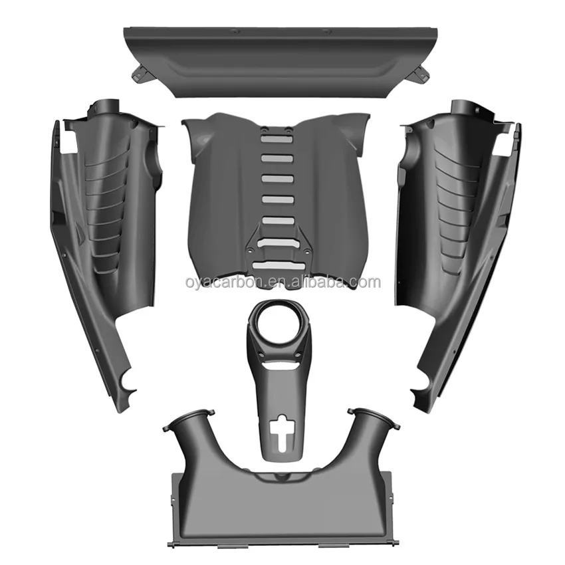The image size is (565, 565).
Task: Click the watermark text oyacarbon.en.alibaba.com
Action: click(x=283, y=282)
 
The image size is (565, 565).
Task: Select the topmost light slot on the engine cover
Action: click(x=276, y=139)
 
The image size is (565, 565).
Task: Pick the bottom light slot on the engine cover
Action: click(x=279, y=265)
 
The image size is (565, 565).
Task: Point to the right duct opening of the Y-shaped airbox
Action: click(x=374, y=418)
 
